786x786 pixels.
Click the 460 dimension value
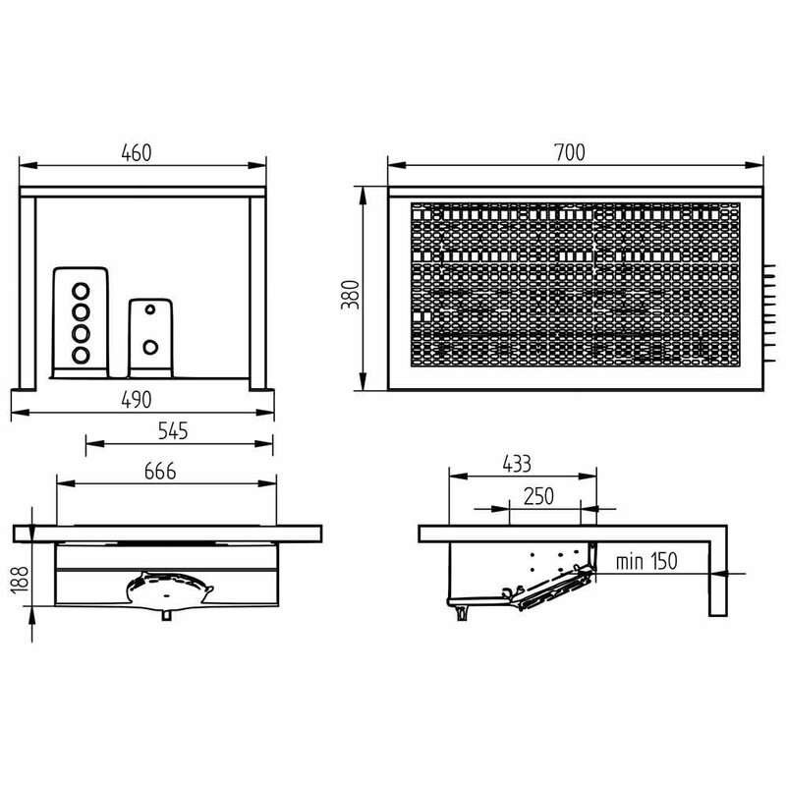[136, 153]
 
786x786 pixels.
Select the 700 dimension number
[570, 152]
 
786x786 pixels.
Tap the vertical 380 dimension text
[350, 294]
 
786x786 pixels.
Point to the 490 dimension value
[137, 400]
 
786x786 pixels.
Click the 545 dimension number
[173, 431]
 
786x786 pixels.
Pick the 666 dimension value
[160, 472]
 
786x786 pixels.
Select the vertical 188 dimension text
[19, 581]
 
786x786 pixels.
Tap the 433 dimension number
[517, 464]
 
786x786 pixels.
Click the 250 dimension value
[538, 496]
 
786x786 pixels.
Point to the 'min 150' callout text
[646, 561]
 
